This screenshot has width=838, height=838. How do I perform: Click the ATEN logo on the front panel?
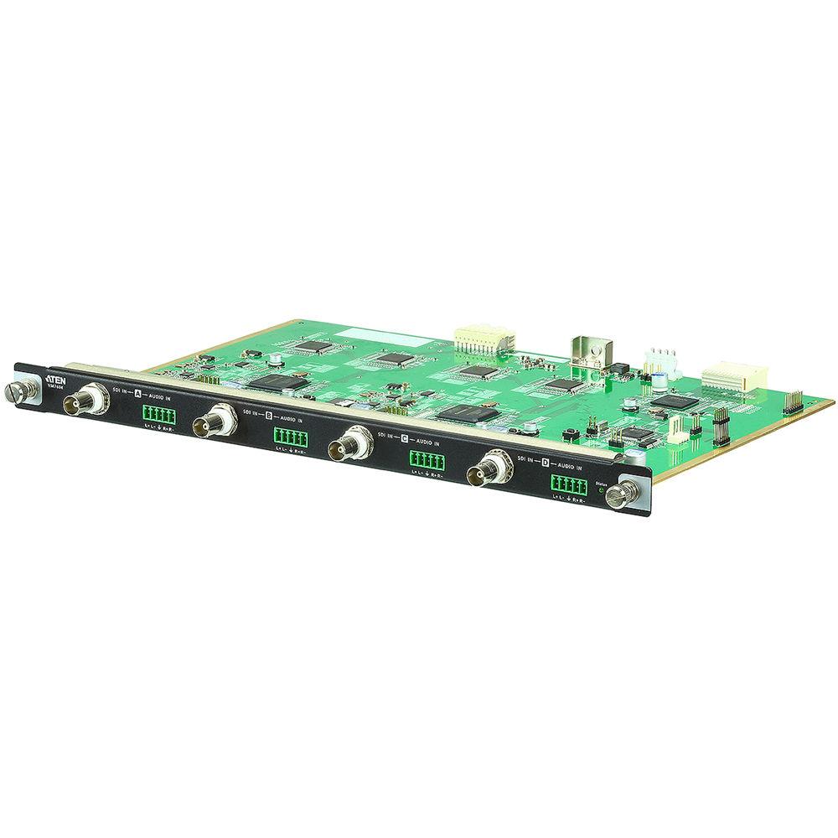coord(57,376)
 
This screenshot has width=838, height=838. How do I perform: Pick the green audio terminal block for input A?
coord(158,416)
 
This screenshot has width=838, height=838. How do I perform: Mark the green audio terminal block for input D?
coord(567,484)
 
